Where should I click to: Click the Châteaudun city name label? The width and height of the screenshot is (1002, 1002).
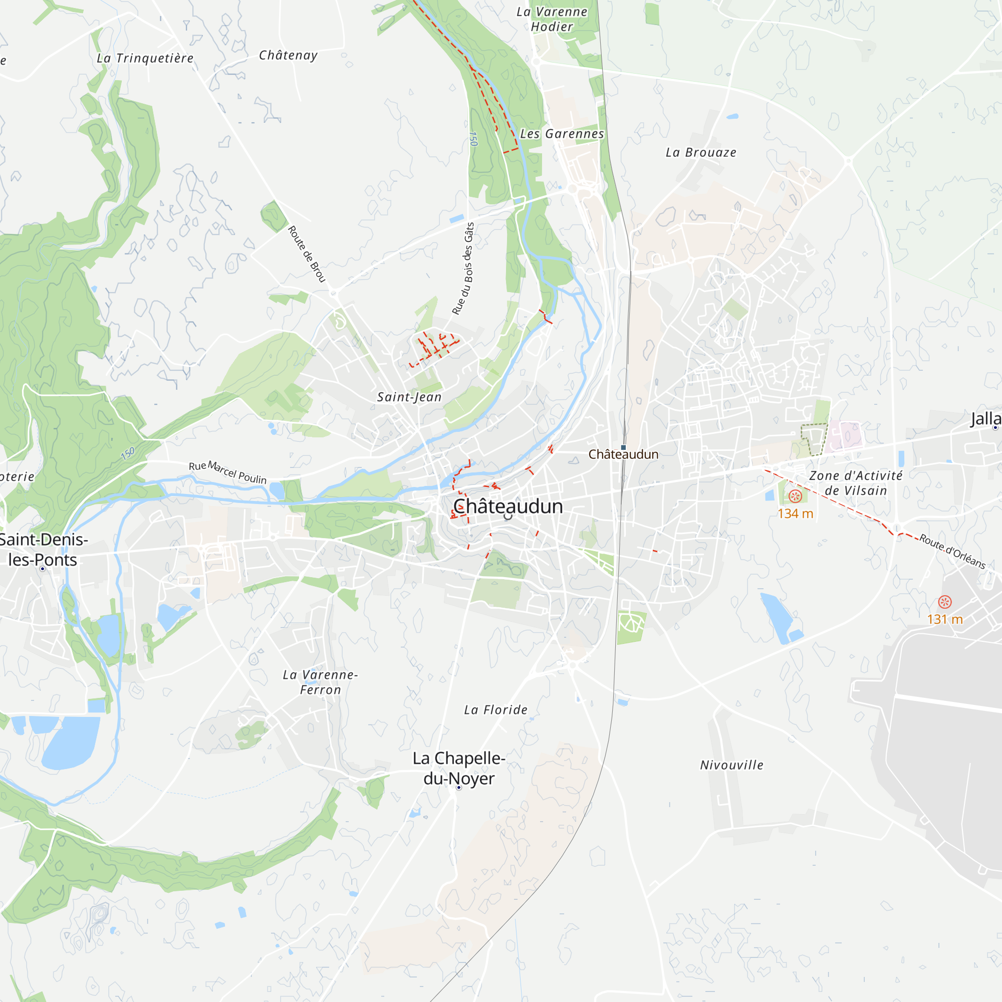pos(508,507)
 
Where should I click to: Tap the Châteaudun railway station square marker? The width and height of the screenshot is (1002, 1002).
pos(623,447)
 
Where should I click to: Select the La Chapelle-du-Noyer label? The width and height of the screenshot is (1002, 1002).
pos(459,768)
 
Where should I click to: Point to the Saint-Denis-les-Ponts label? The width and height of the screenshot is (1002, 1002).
pos(43,550)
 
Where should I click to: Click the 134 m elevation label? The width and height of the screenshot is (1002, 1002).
pos(795,514)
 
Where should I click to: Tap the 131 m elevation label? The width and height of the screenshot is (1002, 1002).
pos(944,619)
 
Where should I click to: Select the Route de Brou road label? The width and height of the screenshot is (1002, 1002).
pos(307,254)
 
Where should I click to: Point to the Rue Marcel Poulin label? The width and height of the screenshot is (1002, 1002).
pos(227,472)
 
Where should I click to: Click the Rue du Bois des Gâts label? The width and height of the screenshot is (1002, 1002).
pos(463,269)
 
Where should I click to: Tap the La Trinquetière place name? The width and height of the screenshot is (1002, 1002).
pos(145,58)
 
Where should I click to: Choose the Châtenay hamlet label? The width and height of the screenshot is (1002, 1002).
pos(289,55)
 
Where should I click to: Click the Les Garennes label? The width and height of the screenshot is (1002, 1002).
pos(562,134)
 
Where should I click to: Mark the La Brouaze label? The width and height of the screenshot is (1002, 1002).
pos(701,152)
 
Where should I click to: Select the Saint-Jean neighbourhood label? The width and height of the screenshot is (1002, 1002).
pos(409,397)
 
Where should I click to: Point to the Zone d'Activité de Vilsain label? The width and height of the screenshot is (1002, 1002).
pos(856,483)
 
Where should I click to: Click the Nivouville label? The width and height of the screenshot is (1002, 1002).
pos(732,765)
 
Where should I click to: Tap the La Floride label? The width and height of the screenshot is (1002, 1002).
pos(496,710)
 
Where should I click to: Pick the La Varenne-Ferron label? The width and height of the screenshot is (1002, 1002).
pos(321,682)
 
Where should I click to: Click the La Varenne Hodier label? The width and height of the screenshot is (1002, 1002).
pos(552,19)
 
